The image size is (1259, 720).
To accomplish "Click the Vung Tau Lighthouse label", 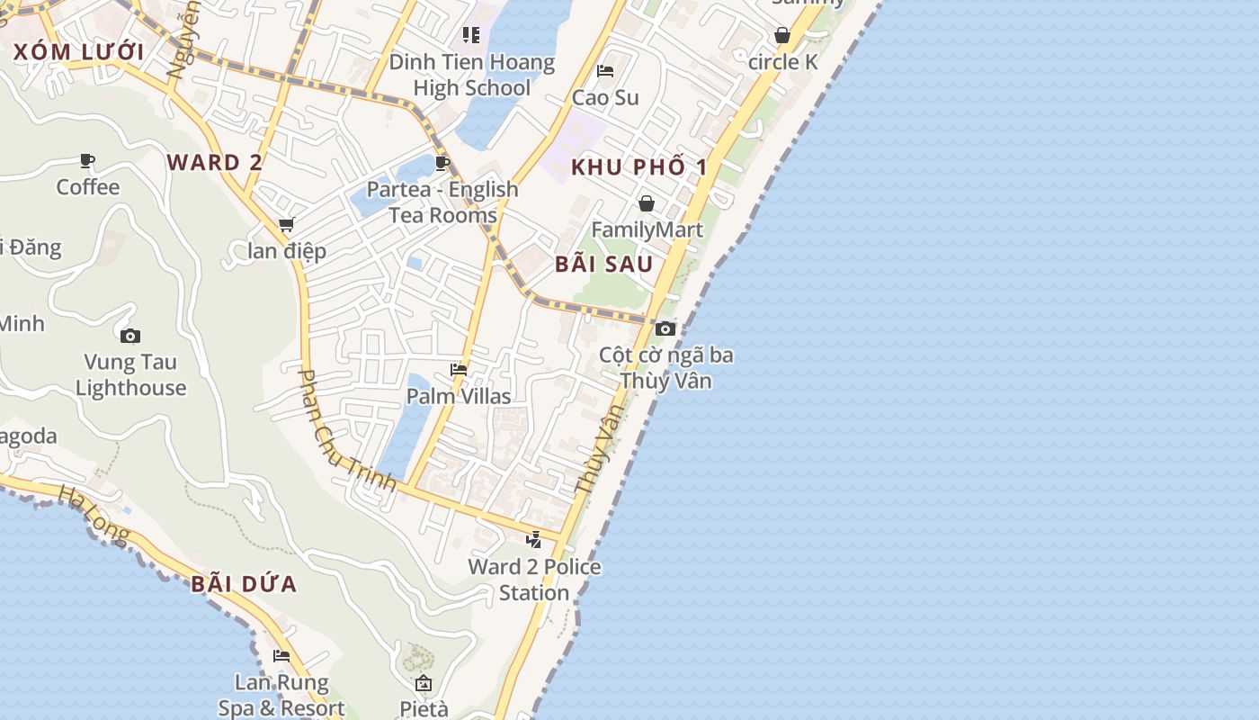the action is [130, 375].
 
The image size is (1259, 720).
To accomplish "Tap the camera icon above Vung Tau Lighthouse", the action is [130, 336].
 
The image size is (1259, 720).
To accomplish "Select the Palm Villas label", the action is [459, 396].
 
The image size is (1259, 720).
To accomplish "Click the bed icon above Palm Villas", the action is [459, 370].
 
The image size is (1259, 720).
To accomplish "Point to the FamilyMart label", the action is [647, 229].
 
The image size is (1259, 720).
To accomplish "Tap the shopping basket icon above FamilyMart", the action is [647, 203].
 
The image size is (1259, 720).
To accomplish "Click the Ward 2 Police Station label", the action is [534, 580].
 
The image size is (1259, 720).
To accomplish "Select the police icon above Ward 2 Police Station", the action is [534, 540].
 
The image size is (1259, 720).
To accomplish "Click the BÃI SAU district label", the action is [603, 264].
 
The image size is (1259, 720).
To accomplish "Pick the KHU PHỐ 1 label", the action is [639, 166].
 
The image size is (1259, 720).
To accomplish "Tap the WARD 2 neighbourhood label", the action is [215, 162].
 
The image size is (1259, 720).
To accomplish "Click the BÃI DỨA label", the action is [244, 584].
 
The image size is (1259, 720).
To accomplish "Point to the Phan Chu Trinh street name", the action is [346, 430].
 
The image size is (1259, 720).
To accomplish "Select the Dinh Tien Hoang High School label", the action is [472, 75].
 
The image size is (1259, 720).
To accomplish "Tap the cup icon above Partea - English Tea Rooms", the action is [442, 163].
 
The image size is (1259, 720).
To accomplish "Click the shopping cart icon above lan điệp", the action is [286, 224].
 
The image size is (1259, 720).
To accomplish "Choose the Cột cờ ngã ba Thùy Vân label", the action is [666, 367].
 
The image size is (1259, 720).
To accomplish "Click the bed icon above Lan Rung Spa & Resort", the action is [281, 656].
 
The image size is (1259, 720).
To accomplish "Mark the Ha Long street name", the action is [94, 515].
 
